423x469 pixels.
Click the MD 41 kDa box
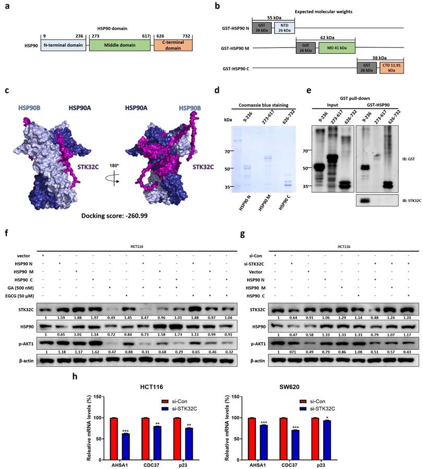(x=336, y=48)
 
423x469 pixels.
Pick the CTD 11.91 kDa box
(x=392, y=69)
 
